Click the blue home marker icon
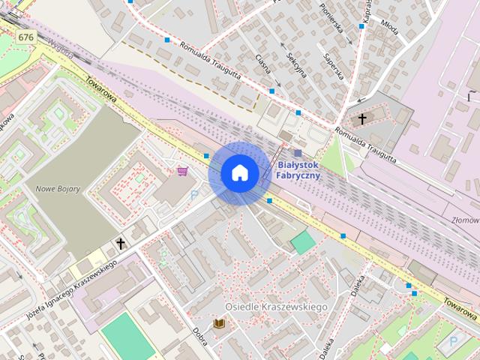point(239,173)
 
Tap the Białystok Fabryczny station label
point(298,169)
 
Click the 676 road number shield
point(26,37)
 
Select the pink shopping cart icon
point(182,171)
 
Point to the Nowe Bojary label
point(58,188)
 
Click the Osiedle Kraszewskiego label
point(277,307)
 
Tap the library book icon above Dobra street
point(219,323)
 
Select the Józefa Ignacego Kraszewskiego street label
point(72,290)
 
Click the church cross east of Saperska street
point(362,118)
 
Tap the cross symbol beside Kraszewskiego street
point(121,244)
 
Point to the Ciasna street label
point(262,64)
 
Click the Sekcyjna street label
point(297,66)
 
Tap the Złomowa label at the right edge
point(466,220)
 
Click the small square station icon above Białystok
point(298,153)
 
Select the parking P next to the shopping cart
point(194,194)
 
